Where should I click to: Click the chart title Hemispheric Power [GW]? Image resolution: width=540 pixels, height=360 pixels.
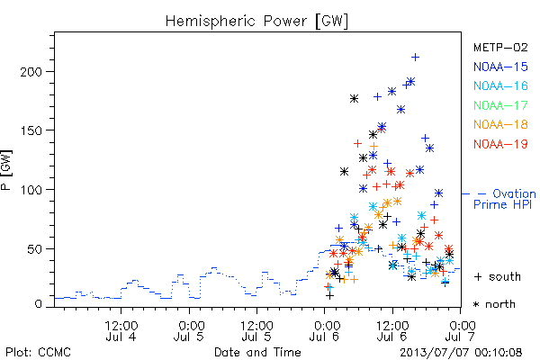tap(256, 22)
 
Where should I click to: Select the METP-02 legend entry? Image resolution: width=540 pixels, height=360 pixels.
tap(500, 47)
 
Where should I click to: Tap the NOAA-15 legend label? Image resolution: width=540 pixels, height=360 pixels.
tap(500, 67)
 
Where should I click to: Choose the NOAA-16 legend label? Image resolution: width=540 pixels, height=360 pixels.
tap(500, 85)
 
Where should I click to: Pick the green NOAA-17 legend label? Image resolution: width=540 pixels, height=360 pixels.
tap(500, 105)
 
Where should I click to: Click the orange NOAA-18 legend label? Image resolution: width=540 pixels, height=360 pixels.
tap(500, 124)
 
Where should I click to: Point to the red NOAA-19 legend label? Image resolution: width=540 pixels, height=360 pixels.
tap(500, 144)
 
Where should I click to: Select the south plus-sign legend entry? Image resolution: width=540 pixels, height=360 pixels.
tap(498, 276)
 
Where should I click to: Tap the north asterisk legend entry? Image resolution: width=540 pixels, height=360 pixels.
tap(494, 304)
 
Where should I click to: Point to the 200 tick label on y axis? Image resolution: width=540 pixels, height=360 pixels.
tap(31, 72)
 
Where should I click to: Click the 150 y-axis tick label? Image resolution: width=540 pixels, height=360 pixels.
tap(31, 130)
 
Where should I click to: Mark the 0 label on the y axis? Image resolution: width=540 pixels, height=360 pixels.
tap(38, 304)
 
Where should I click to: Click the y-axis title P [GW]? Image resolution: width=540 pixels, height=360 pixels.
tap(6, 170)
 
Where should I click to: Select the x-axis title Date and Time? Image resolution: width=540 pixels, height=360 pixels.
tap(257, 353)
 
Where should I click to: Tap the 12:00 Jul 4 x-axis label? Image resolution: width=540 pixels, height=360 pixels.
tap(121, 331)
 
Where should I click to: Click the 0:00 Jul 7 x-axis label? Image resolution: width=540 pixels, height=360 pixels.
tap(461, 331)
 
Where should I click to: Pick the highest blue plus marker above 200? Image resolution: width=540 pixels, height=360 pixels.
tap(415, 58)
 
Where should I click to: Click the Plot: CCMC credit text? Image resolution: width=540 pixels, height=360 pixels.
tap(38, 353)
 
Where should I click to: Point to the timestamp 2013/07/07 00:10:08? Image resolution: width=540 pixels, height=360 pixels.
tap(461, 353)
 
